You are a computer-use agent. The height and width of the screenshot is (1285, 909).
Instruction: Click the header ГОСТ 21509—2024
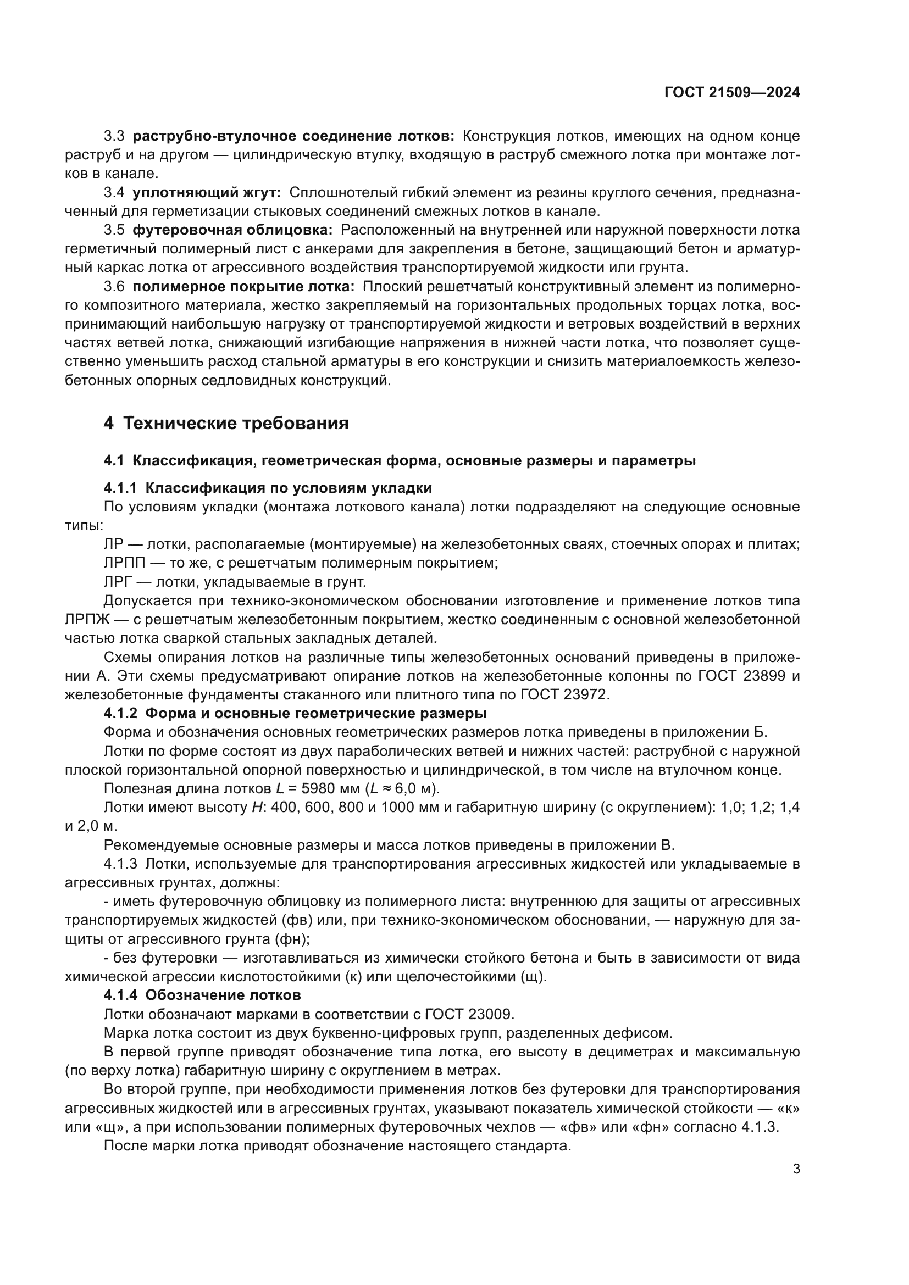[731, 93]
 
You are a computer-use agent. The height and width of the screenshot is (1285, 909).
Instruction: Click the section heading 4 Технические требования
[225, 423]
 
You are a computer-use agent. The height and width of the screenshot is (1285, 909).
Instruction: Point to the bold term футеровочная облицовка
[232, 230]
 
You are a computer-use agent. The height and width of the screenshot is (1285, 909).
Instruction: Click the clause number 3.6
[114, 287]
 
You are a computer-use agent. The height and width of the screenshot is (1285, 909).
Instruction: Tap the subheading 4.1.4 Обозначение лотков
[202, 995]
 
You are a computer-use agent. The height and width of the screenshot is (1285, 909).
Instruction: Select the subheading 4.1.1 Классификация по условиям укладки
[268, 488]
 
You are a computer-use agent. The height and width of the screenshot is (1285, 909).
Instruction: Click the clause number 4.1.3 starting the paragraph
[120, 864]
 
